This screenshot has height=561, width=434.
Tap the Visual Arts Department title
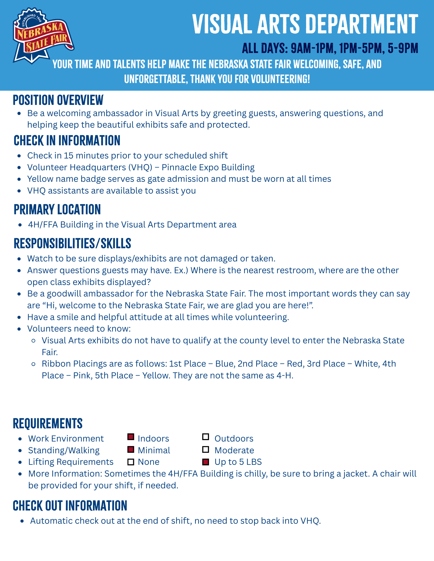coord(305,25)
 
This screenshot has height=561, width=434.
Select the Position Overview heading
coord(58,100)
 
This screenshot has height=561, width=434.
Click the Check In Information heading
coord(67,141)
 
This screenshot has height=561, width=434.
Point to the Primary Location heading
coord(57,210)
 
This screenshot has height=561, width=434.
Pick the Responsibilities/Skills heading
coord(72,243)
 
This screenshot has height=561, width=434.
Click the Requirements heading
coord(48,424)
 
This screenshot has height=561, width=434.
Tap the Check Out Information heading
coord(70,506)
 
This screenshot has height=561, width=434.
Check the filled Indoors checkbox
coord(131,437)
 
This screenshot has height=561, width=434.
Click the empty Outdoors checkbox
coord(206,437)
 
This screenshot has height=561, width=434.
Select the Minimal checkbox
coord(131,450)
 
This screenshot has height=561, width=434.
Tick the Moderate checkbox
coord(206,450)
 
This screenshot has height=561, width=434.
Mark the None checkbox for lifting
coord(131,462)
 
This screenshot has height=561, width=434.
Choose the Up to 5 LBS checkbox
coord(206,462)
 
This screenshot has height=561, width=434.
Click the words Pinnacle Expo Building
coord(208,167)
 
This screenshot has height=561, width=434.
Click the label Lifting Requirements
coord(71,462)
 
